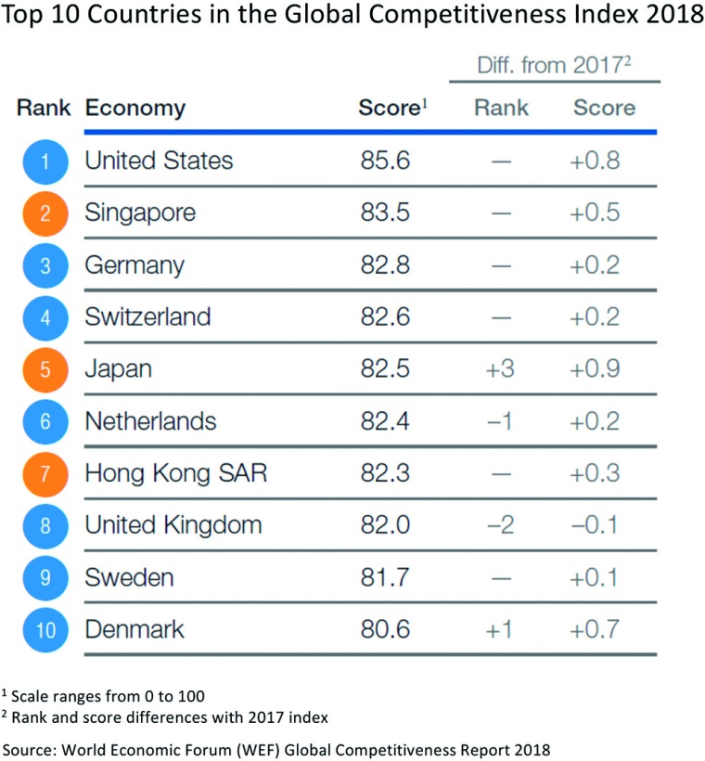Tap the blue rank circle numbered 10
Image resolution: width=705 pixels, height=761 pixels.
pos(45,630)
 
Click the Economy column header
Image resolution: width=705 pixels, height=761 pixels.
pos(135,108)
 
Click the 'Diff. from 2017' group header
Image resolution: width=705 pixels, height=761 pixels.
pos(554,66)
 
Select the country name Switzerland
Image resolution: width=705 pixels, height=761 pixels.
pos(147,317)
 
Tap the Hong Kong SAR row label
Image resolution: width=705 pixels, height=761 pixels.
pos(175,473)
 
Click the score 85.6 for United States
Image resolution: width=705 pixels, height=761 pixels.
pos(385,161)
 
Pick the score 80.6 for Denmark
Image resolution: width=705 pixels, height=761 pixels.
pos(385,629)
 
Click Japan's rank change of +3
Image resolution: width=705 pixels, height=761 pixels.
pos(501,369)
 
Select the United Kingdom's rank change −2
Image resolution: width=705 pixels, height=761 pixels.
pos(501,525)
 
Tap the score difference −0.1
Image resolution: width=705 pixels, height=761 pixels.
pos(595,525)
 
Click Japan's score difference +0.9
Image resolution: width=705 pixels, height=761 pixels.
pos(595,369)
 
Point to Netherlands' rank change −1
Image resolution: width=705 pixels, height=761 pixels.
pos(501,421)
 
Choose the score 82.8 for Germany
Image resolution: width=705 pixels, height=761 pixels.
pos(385,265)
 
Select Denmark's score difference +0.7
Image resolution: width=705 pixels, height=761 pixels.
pos(595,629)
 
